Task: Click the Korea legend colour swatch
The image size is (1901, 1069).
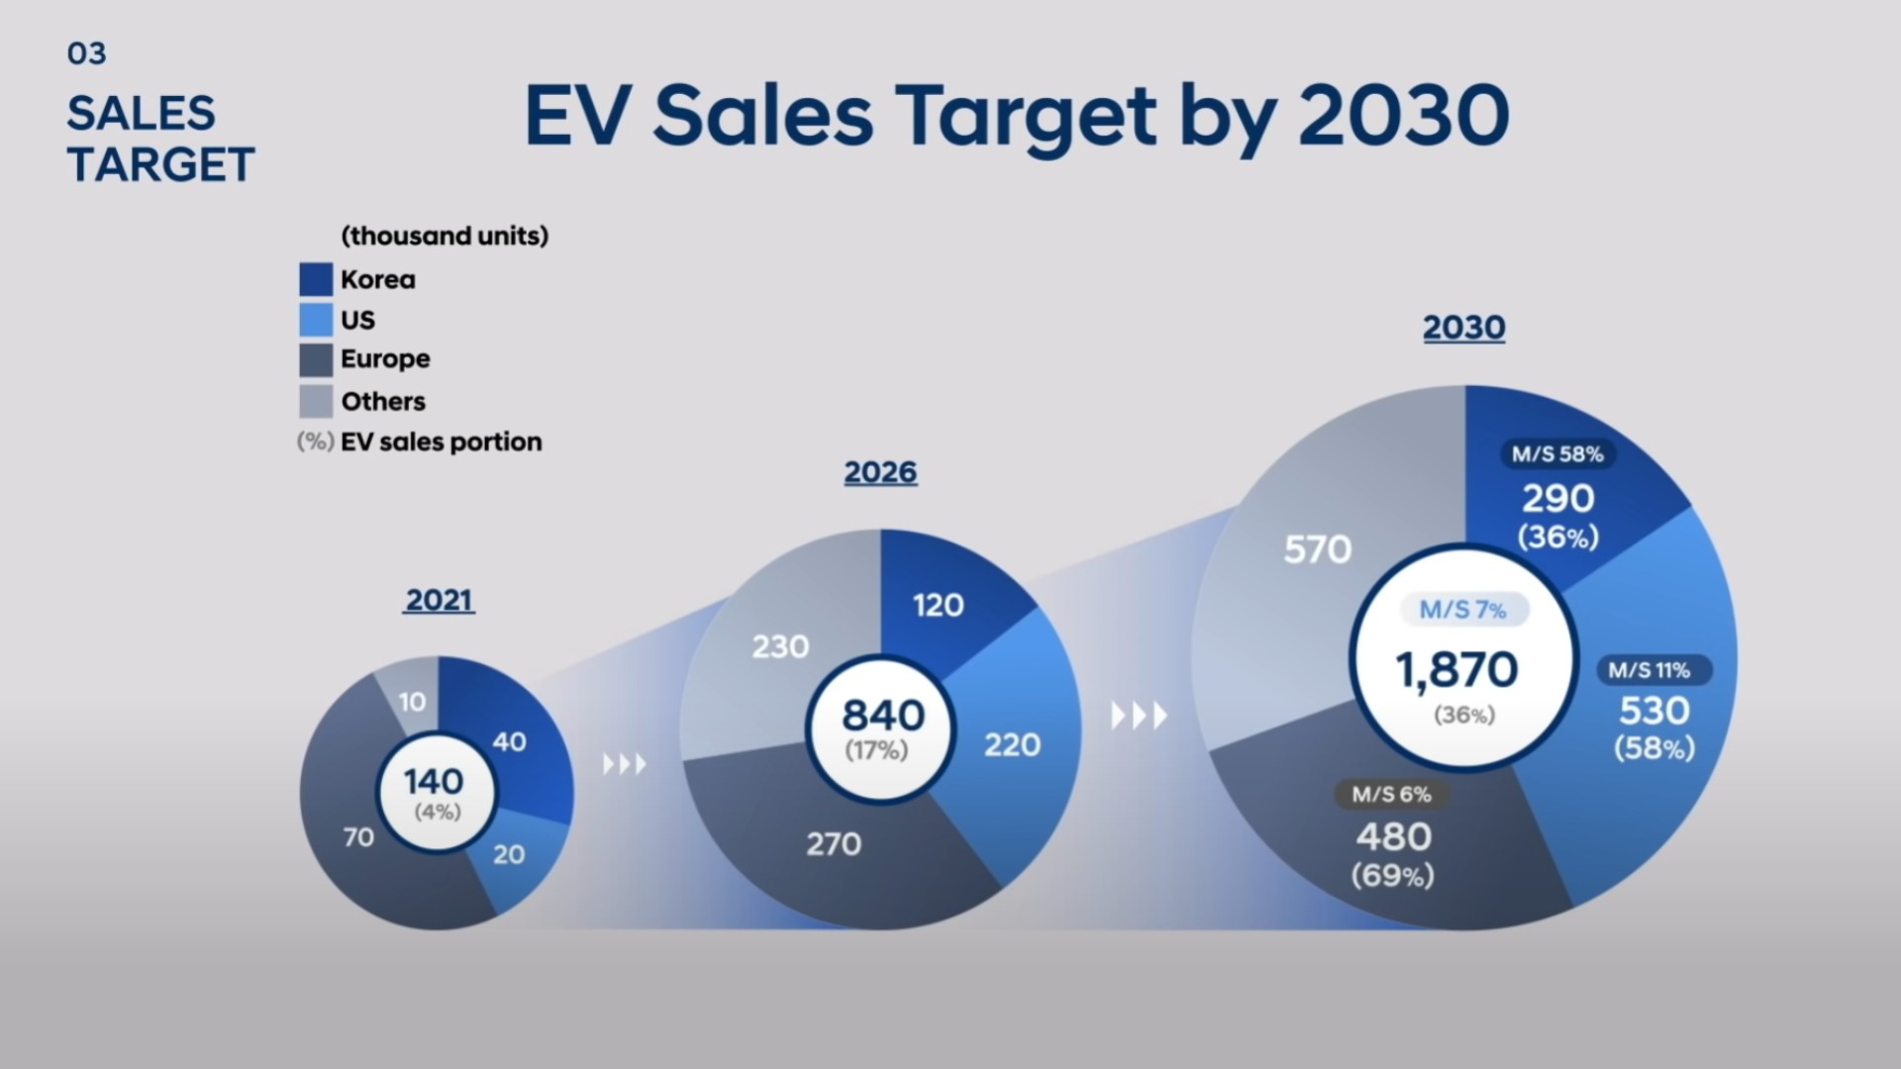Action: tap(316, 279)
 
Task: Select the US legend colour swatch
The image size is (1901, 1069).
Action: tap(316, 320)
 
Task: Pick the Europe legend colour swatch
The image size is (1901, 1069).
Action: tap(316, 359)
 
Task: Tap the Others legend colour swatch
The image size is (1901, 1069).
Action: tap(316, 401)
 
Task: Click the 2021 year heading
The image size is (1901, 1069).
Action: tap(439, 600)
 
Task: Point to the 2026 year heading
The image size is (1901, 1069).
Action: tap(880, 472)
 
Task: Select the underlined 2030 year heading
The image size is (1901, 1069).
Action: tap(1463, 328)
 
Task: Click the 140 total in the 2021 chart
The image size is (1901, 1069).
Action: tap(434, 782)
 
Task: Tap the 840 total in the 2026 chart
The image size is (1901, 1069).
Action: tap(882, 715)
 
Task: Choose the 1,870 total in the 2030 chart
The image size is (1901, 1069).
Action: tap(1456, 670)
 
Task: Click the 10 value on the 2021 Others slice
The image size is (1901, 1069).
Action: tap(412, 702)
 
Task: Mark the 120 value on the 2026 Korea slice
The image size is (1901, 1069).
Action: tap(938, 605)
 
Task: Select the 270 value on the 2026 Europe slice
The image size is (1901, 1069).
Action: tap(834, 844)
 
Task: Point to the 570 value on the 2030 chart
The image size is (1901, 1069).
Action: tap(1317, 549)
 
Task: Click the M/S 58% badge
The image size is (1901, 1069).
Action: tap(1557, 454)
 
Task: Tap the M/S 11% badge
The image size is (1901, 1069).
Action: tap(1650, 670)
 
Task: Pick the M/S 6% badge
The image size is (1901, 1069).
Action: tap(1391, 794)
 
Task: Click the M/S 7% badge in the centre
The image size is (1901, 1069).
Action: tap(1462, 610)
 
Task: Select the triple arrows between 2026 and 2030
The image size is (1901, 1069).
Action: tap(1139, 715)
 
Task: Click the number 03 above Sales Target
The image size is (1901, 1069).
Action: tap(86, 53)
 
